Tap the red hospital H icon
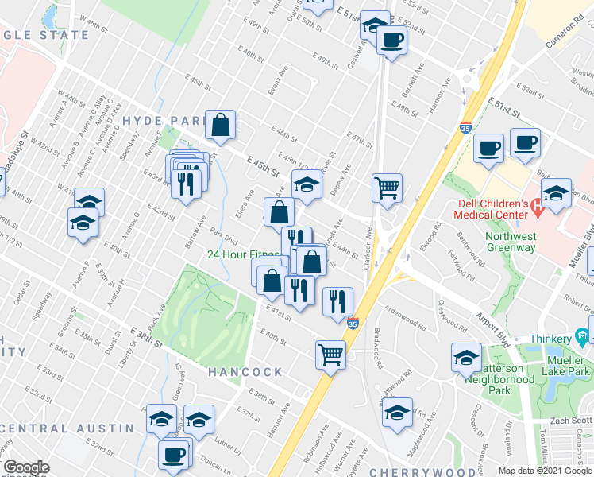click(x=538, y=210)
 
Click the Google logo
click(x=26, y=467)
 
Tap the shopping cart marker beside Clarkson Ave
click(x=387, y=188)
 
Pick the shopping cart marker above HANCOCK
click(x=330, y=354)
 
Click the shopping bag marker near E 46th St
click(x=220, y=125)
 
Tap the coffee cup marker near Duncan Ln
click(x=172, y=456)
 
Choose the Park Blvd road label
click(x=223, y=237)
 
